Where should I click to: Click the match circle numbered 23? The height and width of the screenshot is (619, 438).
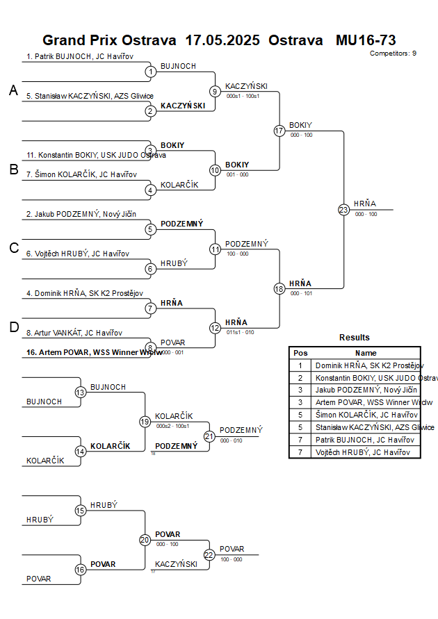click(343, 210)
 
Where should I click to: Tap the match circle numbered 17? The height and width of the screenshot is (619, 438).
click(279, 131)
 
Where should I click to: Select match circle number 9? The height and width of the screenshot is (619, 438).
click(216, 91)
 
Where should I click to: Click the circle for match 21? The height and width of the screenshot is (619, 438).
click(209, 436)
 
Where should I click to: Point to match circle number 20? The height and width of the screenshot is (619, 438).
click(145, 540)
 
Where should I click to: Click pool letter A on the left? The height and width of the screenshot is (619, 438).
click(13, 90)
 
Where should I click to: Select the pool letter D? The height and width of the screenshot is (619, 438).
click(13, 328)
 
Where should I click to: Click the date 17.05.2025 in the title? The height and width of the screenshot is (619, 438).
click(222, 40)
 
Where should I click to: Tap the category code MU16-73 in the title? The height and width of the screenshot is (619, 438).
click(366, 40)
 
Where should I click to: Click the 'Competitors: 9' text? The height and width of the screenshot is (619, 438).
click(393, 53)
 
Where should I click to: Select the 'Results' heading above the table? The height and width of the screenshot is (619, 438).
click(355, 338)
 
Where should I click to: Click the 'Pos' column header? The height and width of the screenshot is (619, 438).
click(300, 353)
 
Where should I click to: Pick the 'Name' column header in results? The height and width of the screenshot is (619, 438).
click(366, 353)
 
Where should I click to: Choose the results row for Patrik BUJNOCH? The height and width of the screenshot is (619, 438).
click(365, 440)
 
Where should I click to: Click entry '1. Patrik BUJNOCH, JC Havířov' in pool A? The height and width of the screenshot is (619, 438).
click(80, 57)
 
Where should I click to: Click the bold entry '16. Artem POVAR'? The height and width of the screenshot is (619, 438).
click(94, 352)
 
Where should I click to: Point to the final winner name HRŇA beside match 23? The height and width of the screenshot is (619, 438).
click(364, 204)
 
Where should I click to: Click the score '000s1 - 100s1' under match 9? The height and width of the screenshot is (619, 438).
click(243, 96)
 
